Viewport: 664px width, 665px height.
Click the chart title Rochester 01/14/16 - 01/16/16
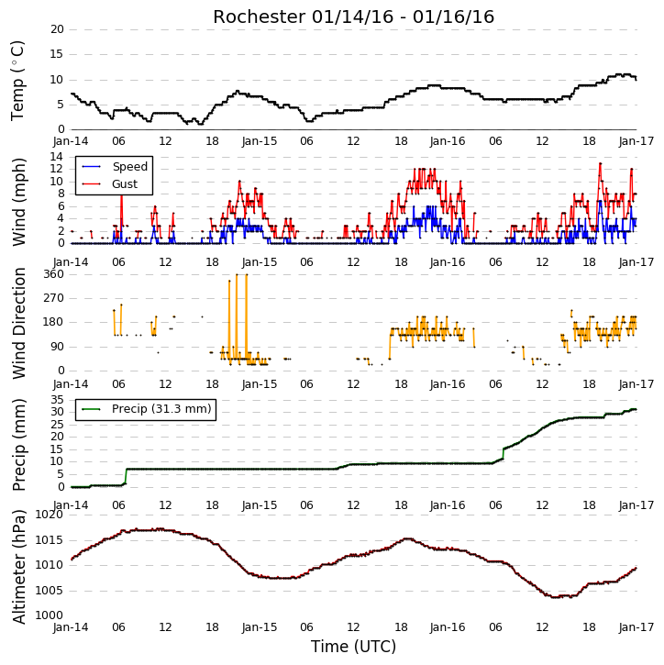353,17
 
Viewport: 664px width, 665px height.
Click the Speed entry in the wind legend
115,167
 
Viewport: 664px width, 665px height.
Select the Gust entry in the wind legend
109,184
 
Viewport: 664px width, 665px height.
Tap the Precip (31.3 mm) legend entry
147,409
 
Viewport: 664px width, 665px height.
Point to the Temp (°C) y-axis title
17,81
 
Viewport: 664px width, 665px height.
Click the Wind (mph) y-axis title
19,202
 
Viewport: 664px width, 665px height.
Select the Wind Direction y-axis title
19,323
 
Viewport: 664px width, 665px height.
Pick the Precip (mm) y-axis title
19,445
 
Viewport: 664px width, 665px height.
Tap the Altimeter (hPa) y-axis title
19,567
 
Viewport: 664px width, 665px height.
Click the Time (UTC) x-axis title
353,647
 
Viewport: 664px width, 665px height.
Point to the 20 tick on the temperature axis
57,29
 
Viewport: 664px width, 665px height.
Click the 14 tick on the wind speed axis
57,157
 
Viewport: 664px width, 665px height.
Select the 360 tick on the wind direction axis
54,274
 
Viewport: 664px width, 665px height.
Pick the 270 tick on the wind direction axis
54,298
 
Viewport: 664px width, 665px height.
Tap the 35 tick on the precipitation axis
57,400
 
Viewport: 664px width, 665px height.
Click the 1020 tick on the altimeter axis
50,515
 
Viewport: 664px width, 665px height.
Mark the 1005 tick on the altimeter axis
50,591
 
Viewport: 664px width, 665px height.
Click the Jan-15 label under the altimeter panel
260,627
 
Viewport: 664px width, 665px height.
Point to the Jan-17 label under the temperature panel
636,141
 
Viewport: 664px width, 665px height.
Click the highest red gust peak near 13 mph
600,163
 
